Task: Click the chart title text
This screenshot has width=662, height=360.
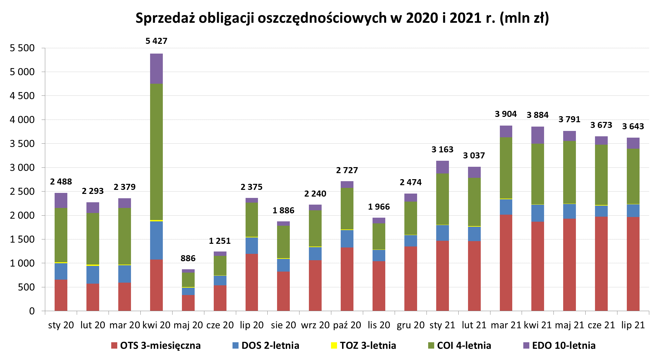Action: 342,18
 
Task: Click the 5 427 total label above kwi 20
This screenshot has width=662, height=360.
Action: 156,41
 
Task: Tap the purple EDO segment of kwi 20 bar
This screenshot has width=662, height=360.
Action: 156,69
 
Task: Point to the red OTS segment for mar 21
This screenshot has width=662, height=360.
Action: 506,263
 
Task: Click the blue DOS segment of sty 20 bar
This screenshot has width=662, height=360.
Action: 61,271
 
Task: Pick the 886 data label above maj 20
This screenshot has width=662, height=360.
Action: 188,258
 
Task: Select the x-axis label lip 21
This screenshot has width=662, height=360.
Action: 633,325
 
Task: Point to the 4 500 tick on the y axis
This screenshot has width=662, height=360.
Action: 22,96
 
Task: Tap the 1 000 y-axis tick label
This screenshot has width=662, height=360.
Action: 22,263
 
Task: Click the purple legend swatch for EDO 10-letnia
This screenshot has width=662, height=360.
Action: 526,345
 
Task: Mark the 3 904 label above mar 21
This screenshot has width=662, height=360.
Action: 506,114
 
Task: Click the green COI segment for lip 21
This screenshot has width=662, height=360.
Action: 633,176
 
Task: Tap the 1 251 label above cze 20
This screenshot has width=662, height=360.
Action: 220,241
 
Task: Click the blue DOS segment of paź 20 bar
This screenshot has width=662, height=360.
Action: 347,239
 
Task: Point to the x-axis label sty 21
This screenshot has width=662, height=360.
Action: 442,325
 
